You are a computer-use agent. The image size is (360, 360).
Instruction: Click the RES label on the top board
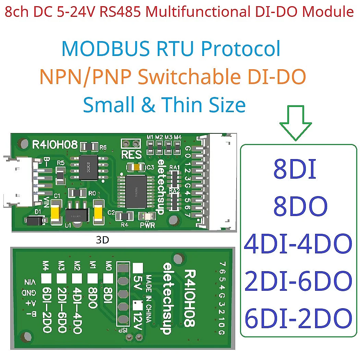click(131, 154)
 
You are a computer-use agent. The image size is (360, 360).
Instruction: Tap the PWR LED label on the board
click(147, 226)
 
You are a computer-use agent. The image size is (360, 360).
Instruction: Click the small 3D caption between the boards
click(103, 240)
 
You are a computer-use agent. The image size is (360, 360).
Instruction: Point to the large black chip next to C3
click(136, 192)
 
